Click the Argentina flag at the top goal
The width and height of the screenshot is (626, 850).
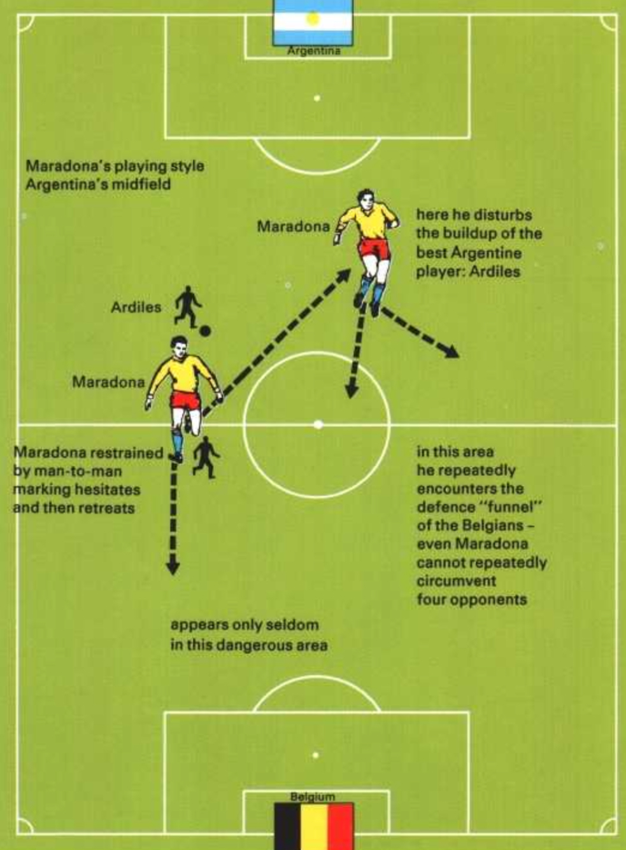(x=313, y=22)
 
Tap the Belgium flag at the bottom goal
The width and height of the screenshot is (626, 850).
(x=314, y=825)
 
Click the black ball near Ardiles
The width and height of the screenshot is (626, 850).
(x=205, y=331)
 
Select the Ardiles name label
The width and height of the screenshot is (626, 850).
(x=136, y=308)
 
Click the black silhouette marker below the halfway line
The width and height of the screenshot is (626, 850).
(x=206, y=456)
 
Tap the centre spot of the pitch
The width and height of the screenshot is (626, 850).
(x=318, y=424)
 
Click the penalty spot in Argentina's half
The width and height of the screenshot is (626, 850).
(x=317, y=98)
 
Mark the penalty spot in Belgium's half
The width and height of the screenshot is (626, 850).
(x=315, y=755)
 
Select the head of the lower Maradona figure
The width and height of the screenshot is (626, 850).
(x=179, y=347)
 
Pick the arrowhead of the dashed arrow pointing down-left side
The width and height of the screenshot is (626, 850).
(x=172, y=566)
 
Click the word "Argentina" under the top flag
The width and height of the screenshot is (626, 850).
(x=313, y=51)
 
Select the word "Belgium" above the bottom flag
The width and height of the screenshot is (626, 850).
(x=313, y=797)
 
